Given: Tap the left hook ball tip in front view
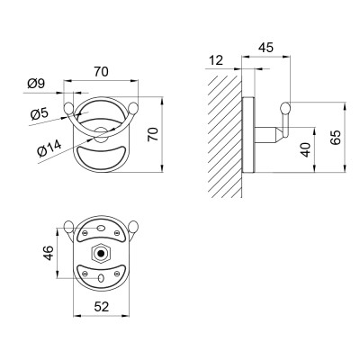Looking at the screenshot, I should (x=68, y=111).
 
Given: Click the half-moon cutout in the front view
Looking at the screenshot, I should (x=102, y=161).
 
